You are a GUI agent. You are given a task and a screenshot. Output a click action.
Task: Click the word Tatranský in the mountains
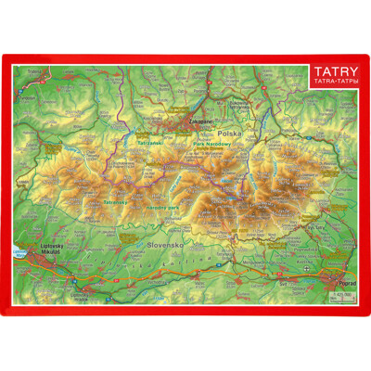tap(116, 201)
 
